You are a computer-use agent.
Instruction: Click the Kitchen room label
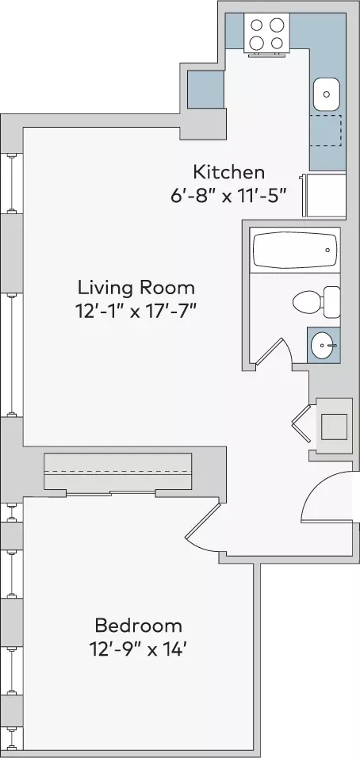click(228, 172)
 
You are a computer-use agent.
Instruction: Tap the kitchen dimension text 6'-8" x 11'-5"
click(228, 197)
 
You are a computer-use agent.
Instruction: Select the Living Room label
click(136, 288)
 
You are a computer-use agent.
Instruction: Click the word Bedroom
click(139, 626)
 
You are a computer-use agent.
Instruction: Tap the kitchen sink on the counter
click(327, 94)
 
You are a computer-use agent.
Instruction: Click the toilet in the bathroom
click(316, 302)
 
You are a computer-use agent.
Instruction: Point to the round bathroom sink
click(324, 345)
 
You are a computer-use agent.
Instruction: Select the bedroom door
click(204, 527)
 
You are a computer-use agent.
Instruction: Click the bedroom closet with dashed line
click(118, 471)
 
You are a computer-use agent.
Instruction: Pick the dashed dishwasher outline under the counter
click(326, 130)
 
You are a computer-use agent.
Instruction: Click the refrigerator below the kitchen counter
click(324, 195)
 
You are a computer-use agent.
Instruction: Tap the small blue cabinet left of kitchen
click(206, 90)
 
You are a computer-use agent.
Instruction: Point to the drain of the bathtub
click(328, 250)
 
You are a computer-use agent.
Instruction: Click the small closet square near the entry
click(334, 427)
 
